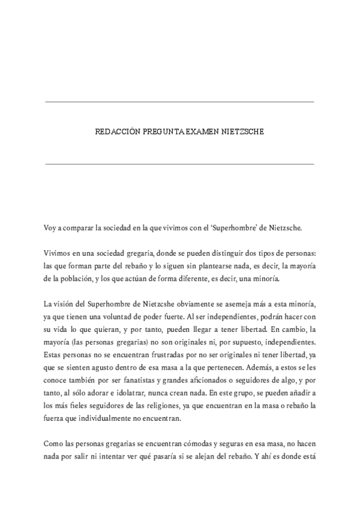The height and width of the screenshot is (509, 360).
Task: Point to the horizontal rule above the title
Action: click(x=179, y=102)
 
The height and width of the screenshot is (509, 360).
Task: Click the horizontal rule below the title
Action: click(x=179, y=163)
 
